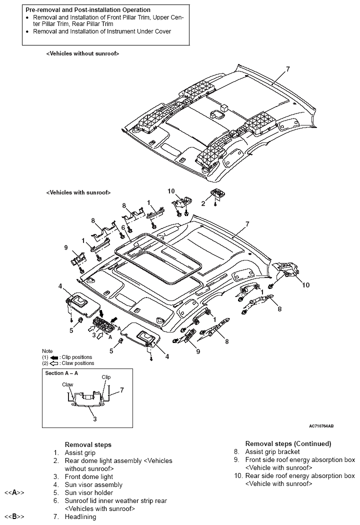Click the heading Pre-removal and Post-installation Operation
pos(88,10)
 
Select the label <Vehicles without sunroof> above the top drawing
pos(82,53)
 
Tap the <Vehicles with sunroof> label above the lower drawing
pos(78,192)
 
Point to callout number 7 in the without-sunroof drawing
pos(287,69)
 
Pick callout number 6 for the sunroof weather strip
pos(122,227)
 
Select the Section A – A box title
pos(61,373)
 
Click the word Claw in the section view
pos(68,384)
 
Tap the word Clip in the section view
pos(106,377)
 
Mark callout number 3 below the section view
pos(94,419)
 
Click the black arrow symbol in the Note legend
pos(54,357)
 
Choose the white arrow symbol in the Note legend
pos(54,363)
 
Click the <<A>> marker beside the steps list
pos(15,492)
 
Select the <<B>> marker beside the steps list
pos(15,516)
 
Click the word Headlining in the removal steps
pos(80,516)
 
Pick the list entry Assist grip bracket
pos(272,451)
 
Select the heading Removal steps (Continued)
pos(288,443)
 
